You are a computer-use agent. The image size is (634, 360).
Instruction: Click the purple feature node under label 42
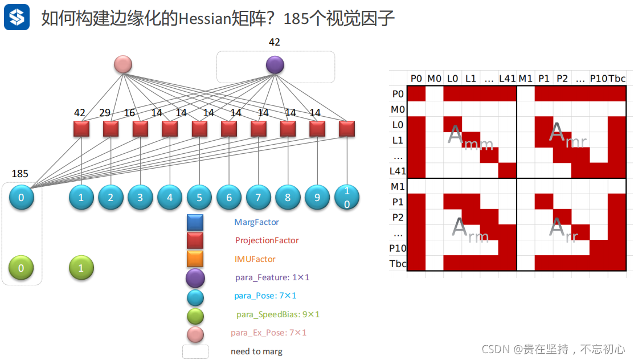tap(275, 65)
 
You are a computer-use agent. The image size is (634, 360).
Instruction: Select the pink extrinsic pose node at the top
tap(123, 65)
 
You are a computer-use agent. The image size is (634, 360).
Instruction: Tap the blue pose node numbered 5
tap(199, 197)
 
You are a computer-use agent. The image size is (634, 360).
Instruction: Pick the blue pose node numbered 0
tap(22, 197)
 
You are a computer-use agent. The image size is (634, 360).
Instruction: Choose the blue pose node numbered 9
tap(317, 197)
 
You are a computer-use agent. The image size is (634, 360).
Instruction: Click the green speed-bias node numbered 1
tap(81, 268)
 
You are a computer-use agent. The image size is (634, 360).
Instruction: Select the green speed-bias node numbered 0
tap(22, 268)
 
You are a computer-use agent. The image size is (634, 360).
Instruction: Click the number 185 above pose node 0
tap(20, 174)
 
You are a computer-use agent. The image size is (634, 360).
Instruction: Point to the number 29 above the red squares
tap(105, 113)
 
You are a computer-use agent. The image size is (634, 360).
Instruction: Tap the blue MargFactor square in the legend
tap(195, 223)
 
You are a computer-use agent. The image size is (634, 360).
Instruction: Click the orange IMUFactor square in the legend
tap(195, 259)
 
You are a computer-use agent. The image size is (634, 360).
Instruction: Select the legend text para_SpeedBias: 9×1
tap(278, 314)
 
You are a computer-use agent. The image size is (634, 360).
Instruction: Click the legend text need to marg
tap(256, 351)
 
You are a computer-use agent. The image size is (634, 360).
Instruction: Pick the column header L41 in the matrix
tap(507, 78)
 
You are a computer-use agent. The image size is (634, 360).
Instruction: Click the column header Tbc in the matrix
tap(617, 78)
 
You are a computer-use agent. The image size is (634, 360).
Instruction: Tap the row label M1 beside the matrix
tap(398, 186)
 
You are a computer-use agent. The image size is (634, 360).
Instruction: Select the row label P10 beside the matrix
tap(397, 248)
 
